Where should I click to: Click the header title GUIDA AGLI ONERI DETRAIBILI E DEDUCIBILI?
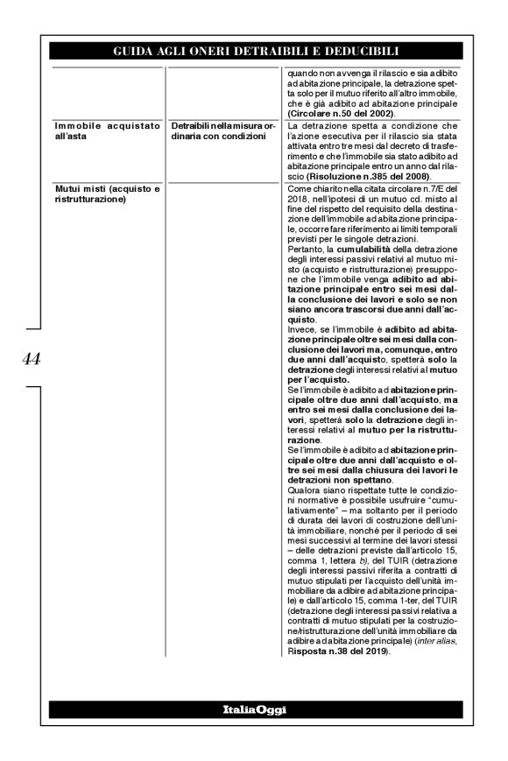pyautogui.click(x=255, y=52)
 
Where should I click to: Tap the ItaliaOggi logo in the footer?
pyautogui.click(x=254, y=708)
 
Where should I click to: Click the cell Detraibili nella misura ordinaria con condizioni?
pyautogui.click(x=222, y=133)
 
